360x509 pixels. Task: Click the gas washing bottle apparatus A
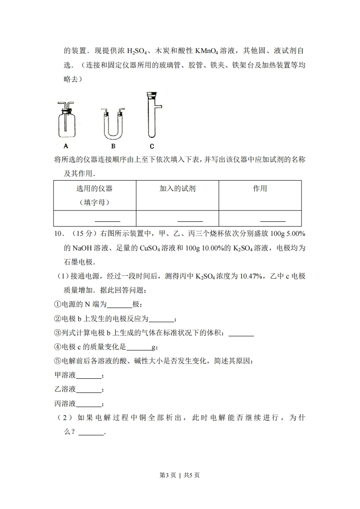tap(67, 121)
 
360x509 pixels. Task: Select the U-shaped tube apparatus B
tap(113, 124)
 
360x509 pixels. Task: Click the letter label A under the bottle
tap(66, 146)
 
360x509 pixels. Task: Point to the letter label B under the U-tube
tap(113, 146)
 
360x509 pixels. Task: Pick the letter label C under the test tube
tap(152, 146)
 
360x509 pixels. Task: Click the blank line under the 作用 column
tap(272, 220)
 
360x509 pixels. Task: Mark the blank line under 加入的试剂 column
tap(190, 220)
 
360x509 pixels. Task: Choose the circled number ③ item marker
tap(57, 333)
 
